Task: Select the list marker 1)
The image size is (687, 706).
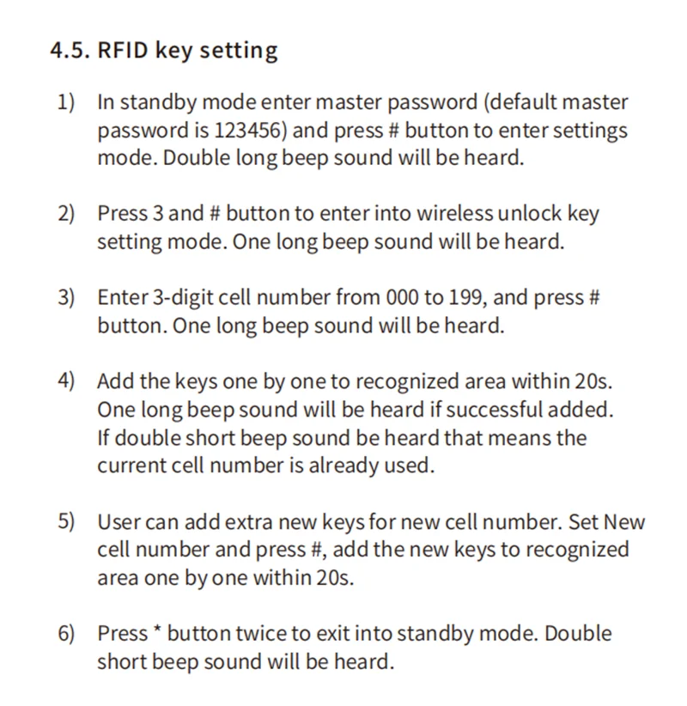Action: point(66,102)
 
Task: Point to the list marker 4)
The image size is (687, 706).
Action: point(66,381)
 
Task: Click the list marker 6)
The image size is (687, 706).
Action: point(66,634)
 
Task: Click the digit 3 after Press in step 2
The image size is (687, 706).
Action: point(160,214)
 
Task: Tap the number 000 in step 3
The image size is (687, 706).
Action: point(402,298)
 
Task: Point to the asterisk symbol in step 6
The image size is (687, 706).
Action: point(157,631)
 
